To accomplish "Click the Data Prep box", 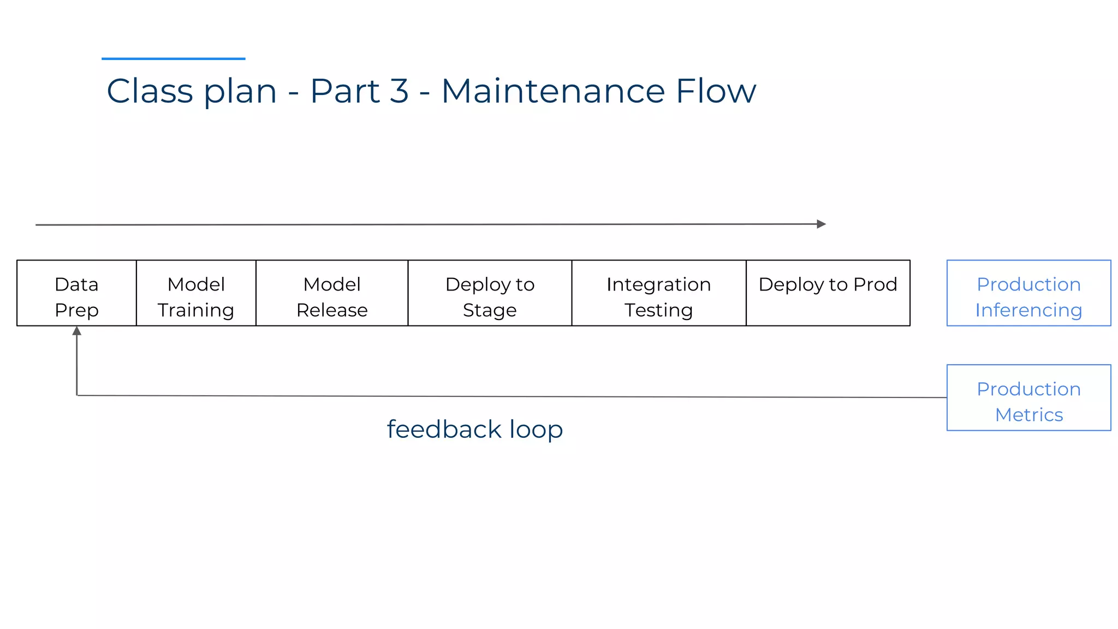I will click(76, 293).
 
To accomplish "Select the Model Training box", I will click(196, 293).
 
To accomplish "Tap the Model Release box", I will click(332, 293).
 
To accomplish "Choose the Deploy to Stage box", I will click(490, 293).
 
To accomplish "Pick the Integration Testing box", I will click(659, 293).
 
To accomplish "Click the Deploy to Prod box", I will click(828, 293).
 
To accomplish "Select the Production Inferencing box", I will click(1028, 293).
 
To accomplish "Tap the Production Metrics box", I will click(1028, 397).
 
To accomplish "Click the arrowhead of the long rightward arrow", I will click(821, 224).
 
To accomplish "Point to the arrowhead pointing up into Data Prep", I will click(77, 331).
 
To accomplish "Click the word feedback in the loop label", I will click(444, 429).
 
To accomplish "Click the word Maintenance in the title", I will click(553, 91).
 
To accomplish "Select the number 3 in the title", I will click(399, 91).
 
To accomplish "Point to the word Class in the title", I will click(150, 91).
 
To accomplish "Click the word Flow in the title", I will click(716, 91).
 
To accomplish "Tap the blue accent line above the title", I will click(173, 58).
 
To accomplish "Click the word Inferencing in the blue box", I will click(1028, 310).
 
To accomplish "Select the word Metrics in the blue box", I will click(1029, 415).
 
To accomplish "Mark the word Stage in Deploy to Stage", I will click(490, 310).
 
